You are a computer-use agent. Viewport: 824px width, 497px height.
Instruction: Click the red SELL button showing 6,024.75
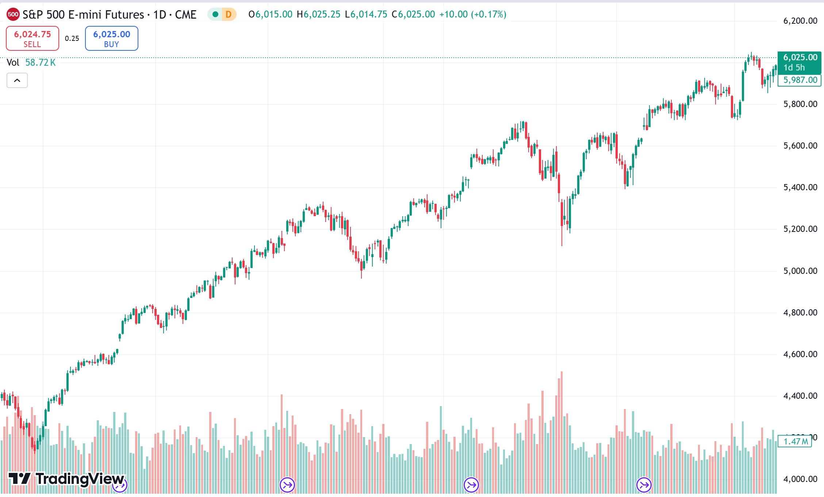32,38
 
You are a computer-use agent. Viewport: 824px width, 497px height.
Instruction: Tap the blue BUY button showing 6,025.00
111,38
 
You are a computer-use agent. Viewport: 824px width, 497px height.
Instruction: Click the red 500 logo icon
13,15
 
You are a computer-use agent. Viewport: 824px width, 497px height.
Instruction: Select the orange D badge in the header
229,15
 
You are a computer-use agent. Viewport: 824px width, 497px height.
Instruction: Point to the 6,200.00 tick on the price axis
800,21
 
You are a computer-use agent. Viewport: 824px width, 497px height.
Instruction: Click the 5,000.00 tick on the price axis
800,271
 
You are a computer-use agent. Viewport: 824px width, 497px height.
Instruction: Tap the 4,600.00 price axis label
800,354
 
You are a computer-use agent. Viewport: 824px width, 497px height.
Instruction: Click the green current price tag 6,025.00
800,58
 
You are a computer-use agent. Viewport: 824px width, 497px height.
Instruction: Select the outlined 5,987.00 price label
800,80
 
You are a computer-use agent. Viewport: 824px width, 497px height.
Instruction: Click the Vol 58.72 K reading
31,62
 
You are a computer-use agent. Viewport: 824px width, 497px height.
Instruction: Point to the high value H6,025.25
318,15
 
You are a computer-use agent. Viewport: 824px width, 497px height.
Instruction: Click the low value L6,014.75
366,15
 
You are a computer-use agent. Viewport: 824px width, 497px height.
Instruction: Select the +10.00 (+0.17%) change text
472,15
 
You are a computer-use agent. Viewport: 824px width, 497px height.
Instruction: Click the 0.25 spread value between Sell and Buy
72,38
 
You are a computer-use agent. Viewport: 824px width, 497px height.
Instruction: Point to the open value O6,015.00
271,15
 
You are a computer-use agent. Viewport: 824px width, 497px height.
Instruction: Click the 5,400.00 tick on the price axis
800,188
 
